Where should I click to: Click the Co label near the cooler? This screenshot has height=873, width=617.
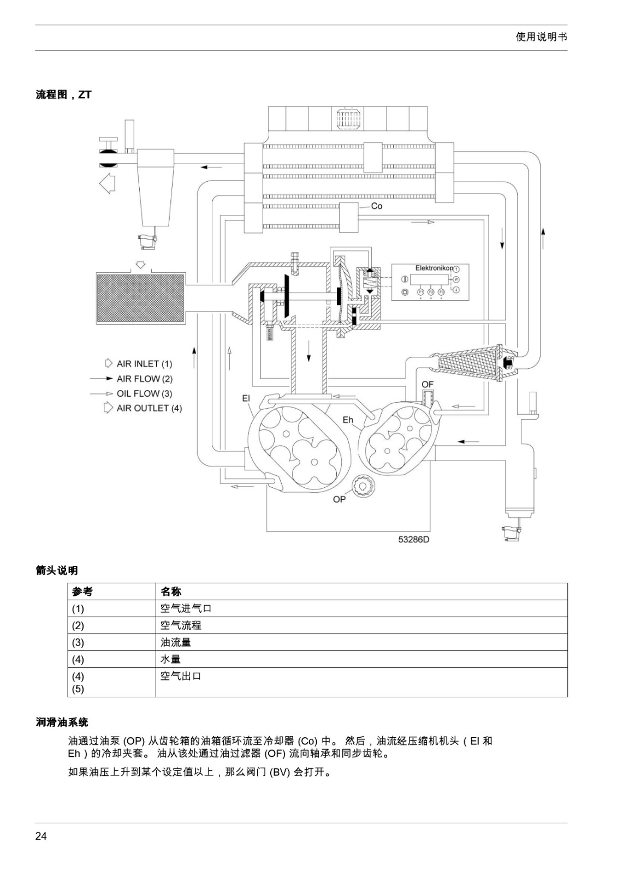pos(376,206)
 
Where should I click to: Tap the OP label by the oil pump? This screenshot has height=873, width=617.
pos(339,499)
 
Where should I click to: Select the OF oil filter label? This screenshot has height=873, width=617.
pos(428,384)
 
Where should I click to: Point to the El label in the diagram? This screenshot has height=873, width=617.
pos(246,398)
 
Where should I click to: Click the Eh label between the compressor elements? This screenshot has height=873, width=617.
pos(348,420)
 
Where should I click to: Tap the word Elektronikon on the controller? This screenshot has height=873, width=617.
pos(434,268)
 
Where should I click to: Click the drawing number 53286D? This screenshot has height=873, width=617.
pos(414,540)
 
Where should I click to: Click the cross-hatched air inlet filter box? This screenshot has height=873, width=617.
pos(140,298)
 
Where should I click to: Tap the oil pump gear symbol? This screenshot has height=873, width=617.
pos(363,486)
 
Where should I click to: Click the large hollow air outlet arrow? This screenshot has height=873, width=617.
pos(107,183)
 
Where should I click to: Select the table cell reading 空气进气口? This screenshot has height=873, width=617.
pos(186,608)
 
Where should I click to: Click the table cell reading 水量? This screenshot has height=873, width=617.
pos(170,659)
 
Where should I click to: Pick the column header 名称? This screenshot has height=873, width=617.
pos(171,591)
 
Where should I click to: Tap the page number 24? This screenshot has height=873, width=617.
pos(41,836)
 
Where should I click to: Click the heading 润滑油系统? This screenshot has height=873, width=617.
pos(62,722)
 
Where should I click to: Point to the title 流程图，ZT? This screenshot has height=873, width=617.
pos(63,95)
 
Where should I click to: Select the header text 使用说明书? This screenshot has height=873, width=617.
pos(541,37)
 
